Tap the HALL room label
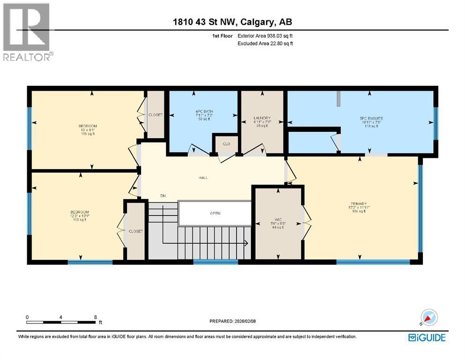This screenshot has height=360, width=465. pos(203,178)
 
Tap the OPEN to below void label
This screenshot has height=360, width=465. pos(215,213)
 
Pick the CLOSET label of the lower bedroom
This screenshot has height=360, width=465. pos(136,231)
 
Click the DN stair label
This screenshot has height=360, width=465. pos(163,195)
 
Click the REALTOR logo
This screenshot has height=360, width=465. pos(27,32)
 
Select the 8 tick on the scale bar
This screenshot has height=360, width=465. pos(96,317)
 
